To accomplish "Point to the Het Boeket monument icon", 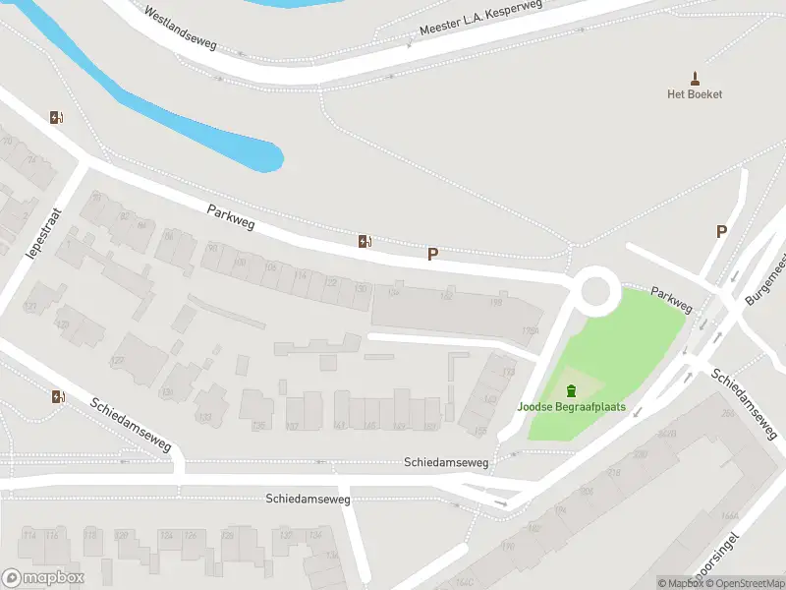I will [x=695, y=78].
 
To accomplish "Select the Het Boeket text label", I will [x=695, y=94].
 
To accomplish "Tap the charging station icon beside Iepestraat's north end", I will [x=57, y=118].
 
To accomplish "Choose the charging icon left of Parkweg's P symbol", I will [x=365, y=241].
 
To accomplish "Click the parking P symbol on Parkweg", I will [x=431, y=254].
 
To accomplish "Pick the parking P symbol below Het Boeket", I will [x=721, y=232].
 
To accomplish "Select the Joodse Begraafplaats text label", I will [x=572, y=407].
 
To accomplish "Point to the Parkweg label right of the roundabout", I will [x=671, y=301].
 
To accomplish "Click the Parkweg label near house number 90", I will [x=231, y=217].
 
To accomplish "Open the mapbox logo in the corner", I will [x=43, y=578].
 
